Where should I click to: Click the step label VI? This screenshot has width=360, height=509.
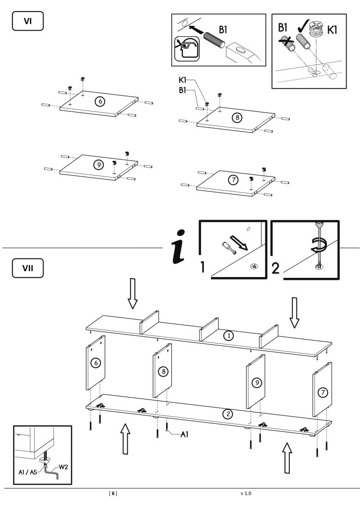pyautogui.click(x=28, y=22)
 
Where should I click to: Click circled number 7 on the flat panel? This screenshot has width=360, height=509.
pyautogui.click(x=233, y=180)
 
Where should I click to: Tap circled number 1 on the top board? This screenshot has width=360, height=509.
pyautogui.click(x=228, y=336)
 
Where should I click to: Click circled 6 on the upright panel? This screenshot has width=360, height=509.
pyautogui.click(x=96, y=363)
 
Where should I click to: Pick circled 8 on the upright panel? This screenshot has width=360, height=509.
pyautogui.click(x=163, y=372)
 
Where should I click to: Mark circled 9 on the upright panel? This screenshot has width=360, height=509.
pyautogui.click(x=256, y=383)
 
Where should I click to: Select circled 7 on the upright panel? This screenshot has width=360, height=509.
pyautogui.click(x=323, y=392)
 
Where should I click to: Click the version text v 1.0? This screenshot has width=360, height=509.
pyautogui.click(x=246, y=493)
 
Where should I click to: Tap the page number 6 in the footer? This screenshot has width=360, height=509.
pyautogui.click(x=113, y=493)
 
